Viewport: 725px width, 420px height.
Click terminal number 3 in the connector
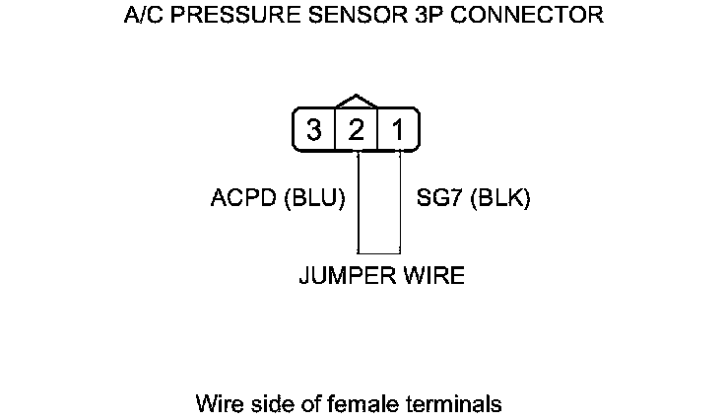(314, 130)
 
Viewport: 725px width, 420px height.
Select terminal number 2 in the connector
(357, 130)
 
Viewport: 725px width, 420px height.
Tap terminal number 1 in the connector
(398, 130)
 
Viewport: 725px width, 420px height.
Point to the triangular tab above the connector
(357, 102)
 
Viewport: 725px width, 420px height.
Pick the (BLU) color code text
(314, 198)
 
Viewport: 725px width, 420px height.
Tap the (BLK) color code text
(501, 198)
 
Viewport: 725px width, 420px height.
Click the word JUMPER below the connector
(341, 275)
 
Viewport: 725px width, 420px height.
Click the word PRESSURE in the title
(228, 16)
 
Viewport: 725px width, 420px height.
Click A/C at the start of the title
(144, 16)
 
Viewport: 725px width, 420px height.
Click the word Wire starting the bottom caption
(218, 403)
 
